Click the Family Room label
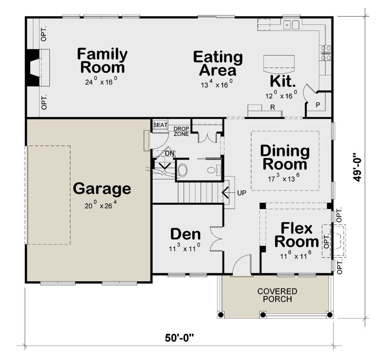point(102,61)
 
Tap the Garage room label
point(102,189)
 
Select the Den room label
point(185,234)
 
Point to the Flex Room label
point(296,235)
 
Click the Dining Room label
point(285,157)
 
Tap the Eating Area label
point(218,63)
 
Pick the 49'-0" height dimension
point(357,167)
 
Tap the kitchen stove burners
point(326,53)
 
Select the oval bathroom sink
point(182,170)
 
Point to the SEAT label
point(160,125)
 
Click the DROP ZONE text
point(181,132)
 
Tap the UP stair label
point(242,193)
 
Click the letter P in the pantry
point(318,105)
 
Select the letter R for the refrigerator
point(273,107)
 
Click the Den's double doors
point(216,239)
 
